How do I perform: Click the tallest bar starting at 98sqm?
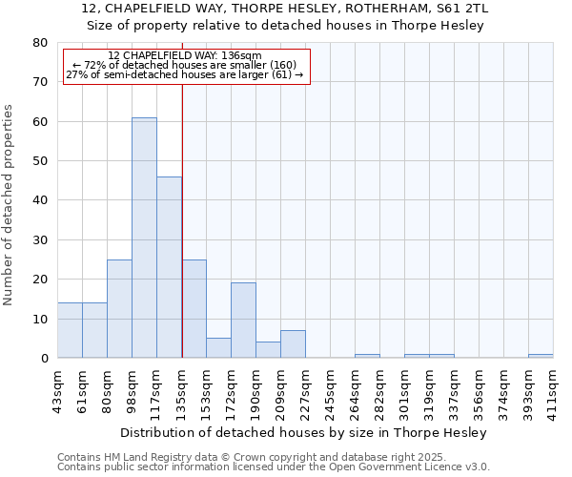tap(144, 238)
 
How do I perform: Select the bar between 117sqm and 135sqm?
tap(169, 267)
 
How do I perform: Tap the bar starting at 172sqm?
tap(243, 321)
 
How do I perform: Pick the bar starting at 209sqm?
tap(293, 344)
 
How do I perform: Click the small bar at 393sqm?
tap(541, 356)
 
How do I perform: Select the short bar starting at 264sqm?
tap(367, 356)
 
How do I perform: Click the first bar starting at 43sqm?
tap(70, 330)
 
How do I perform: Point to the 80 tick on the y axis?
tap(39, 43)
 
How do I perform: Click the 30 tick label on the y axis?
tap(39, 239)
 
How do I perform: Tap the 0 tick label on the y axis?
tap(43, 358)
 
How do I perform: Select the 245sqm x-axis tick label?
tap(330, 389)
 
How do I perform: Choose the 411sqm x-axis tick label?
tap(553, 389)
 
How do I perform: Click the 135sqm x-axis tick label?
tap(181, 389)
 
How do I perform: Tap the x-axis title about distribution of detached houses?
tap(303, 432)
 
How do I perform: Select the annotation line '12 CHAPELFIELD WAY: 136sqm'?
tap(185, 55)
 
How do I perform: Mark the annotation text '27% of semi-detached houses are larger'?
tap(185, 74)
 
